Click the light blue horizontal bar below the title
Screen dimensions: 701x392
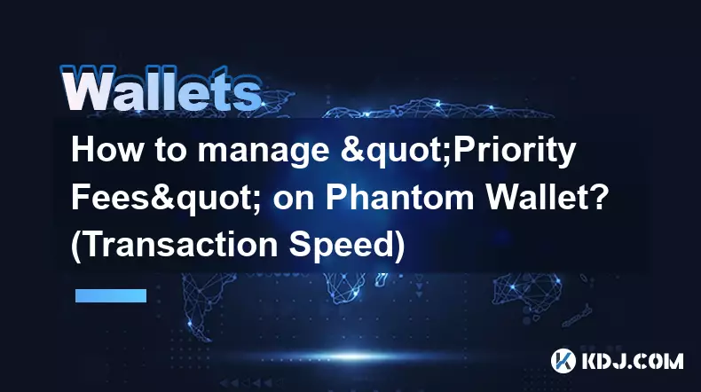pyautogui.click(x=111, y=295)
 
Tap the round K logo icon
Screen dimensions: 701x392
pyautogui.click(x=563, y=361)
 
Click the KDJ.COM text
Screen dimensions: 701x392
pyautogui.click(x=633, y=361)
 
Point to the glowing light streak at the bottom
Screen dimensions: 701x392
pyautogui.click(x=353, y=357)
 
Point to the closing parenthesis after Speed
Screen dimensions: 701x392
pyautogui.click(x=400, y=246)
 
